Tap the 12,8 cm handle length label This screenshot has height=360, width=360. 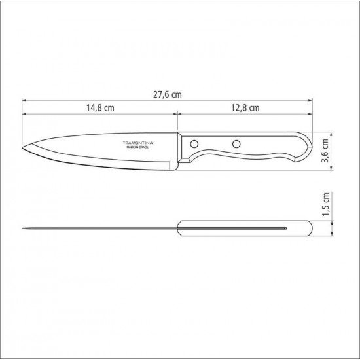[x=245, y=107]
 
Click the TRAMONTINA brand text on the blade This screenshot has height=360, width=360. [x=135, y=142]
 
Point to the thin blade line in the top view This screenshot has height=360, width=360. [x=98, y=228]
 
